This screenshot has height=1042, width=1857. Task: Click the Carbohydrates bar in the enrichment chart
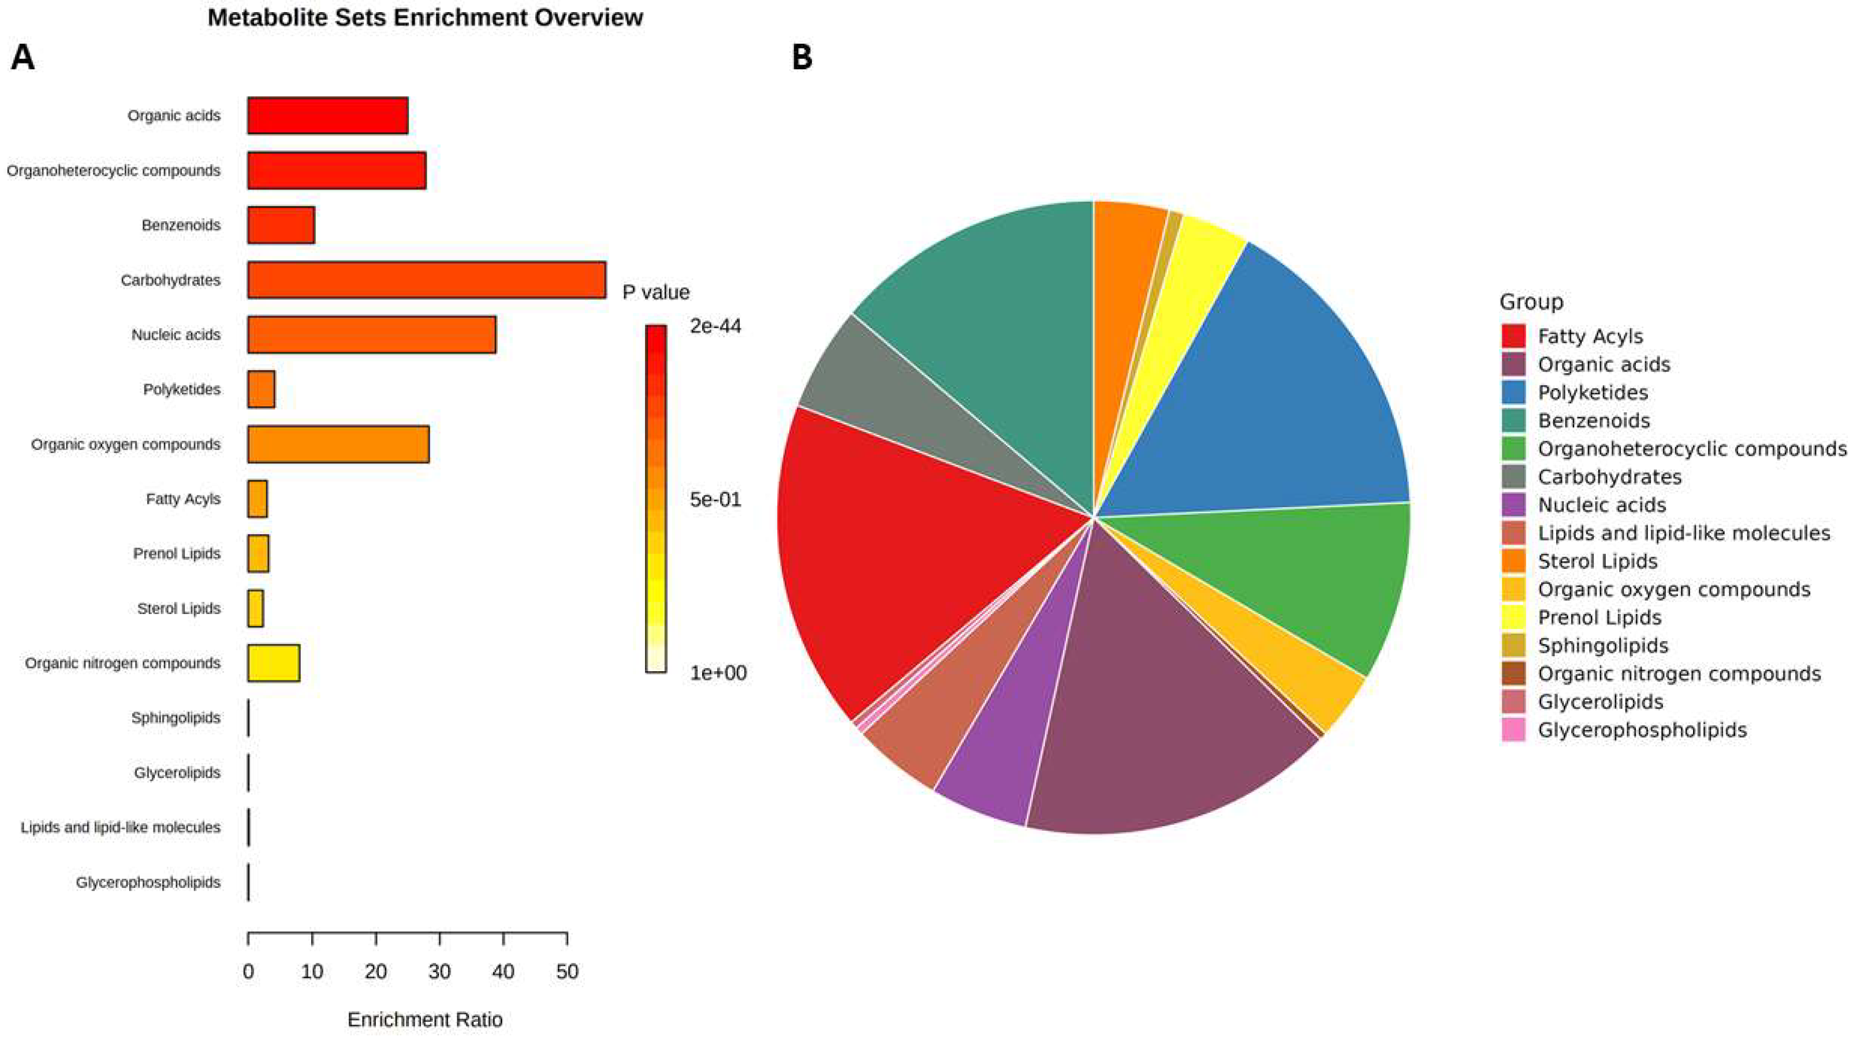click(x=426, y=280)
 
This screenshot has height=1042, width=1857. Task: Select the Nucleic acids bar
click(x=371, y=334)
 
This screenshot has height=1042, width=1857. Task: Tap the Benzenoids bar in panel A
click(x=281, y=225)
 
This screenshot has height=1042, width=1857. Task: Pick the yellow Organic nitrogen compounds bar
click(x=273, y=663)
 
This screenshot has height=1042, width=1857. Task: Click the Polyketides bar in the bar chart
click(x=261, y=389)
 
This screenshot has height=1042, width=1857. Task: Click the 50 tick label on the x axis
click(x=568, y=972)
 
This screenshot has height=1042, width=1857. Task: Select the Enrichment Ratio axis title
click(x=424, y=1019)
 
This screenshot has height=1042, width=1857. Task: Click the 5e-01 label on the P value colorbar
click(x=715, y=499)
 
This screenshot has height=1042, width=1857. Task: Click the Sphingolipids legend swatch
click(x=1513, y=645)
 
